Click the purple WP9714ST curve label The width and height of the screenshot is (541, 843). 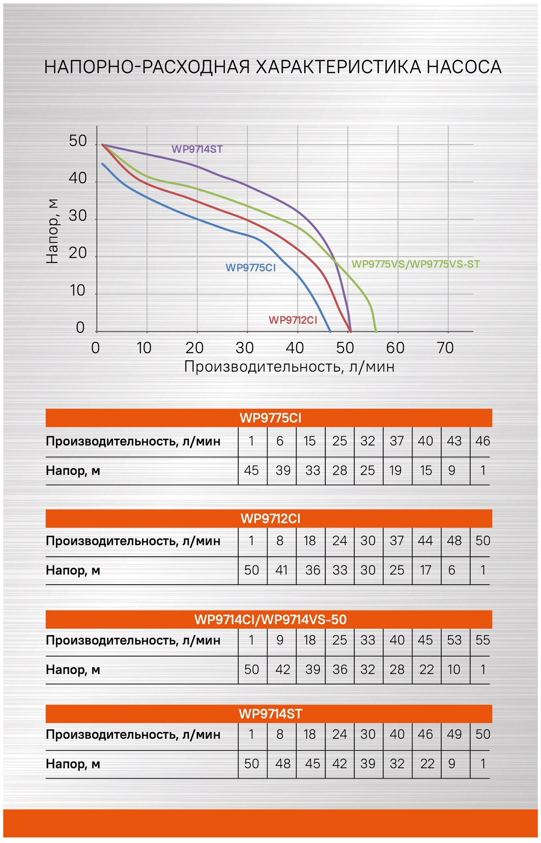197,149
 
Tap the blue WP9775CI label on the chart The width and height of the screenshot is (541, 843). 250,268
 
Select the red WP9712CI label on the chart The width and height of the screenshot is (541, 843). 293,320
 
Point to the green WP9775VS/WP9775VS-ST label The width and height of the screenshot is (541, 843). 415,264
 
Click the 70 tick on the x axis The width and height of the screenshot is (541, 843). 445,348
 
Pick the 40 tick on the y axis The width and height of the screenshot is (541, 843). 78,179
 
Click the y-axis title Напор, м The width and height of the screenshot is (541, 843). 52,231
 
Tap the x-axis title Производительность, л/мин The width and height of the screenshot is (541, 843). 289,367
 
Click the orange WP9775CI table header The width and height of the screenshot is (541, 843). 270,418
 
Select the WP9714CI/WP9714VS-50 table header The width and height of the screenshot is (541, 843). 270,620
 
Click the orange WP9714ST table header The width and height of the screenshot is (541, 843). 270,714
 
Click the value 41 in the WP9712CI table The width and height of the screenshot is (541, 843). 281,570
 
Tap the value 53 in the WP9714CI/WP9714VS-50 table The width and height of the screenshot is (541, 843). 454,640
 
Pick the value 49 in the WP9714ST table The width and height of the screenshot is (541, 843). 454,734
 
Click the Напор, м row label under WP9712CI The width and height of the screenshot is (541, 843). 73,571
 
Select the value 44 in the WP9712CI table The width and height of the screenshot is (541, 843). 425,541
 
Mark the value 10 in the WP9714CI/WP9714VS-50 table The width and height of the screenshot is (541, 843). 454,670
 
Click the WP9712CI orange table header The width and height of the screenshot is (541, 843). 270,519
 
